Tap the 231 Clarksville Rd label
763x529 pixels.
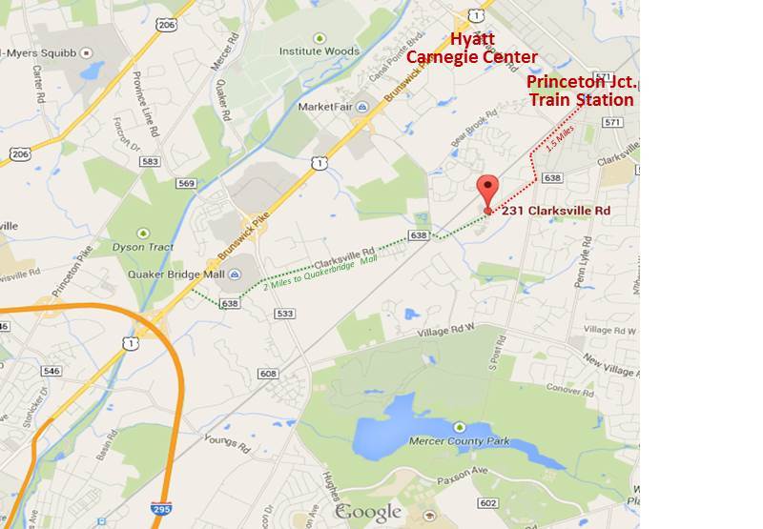[556, 211]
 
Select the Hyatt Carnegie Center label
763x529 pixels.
[471, 49]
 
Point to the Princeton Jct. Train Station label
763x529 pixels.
[581, 91]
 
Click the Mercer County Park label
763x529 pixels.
[460, 441]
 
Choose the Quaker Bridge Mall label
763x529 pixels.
[175, 274]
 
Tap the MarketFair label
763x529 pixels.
[325, 107]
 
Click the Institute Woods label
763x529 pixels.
[319, 51]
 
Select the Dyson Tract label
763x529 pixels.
[143, 247]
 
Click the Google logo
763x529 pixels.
[368, 512]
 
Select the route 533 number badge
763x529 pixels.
[283, 314]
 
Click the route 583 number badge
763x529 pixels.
[150, 162]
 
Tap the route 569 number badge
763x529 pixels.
[186, 183]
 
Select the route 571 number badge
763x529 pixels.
[612, 122]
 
